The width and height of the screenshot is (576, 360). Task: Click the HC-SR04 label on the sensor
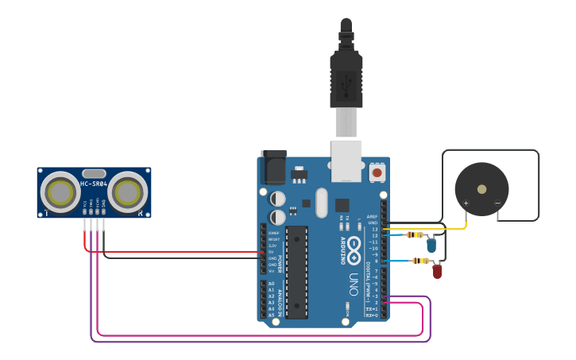click(94, 184)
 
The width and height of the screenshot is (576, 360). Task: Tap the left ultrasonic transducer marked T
click(60, 192)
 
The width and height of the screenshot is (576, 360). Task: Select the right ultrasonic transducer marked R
click(127, 192)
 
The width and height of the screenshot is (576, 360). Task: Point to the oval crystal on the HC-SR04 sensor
click(94, 173)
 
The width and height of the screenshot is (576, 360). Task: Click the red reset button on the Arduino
click(377, 172)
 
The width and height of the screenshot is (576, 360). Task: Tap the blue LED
click(431, 245)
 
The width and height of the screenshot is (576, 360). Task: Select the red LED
click(437, 271)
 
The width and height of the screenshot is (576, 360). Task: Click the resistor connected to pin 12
click(413, 234)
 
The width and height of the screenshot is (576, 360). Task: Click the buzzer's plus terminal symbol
click(466, 203)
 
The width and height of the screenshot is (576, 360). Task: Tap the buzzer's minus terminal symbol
click(497, 203)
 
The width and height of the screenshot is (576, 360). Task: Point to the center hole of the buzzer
click(481, 189)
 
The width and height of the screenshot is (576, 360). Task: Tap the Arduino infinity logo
click(354, 246)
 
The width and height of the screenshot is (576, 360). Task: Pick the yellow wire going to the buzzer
click(429, 229)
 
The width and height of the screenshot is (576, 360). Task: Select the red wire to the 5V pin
click(175, 252)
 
